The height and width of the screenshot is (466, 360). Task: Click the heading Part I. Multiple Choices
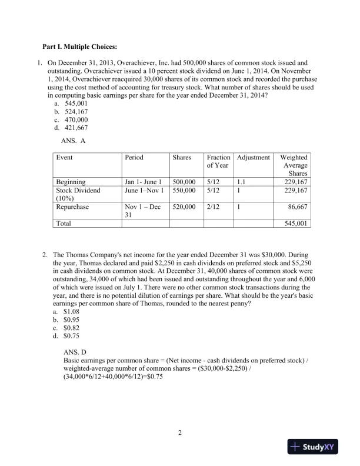pyautogui.click(x=79, y=46)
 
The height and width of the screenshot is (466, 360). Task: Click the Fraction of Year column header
pyautogui.click(x=218, y=162)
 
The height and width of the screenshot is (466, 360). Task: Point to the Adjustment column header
pyautogui.click(x=254, y=158)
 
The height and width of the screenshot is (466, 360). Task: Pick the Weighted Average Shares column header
pyautogui.click(x=294, y=165)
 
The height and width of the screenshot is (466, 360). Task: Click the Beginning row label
pyautogui.click(x=71, y=182)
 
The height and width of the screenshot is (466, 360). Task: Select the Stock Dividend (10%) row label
pyautogui.click(x=78, y=194)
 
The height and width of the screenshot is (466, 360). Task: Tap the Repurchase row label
pyautogui.click(x=73, y=207)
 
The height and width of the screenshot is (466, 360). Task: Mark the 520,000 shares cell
pyautogui.click(x=184, y=207)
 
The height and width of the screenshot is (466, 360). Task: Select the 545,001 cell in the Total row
pyautogui.click(x=296, y=224)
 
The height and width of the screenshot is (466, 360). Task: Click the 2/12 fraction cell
pyautogui.click(x=214, y=207)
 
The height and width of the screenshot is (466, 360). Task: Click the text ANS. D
pyautogui.click(x=75, y=351)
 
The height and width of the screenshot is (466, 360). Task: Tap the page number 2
pyautogui.click(x=180, y=434)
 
